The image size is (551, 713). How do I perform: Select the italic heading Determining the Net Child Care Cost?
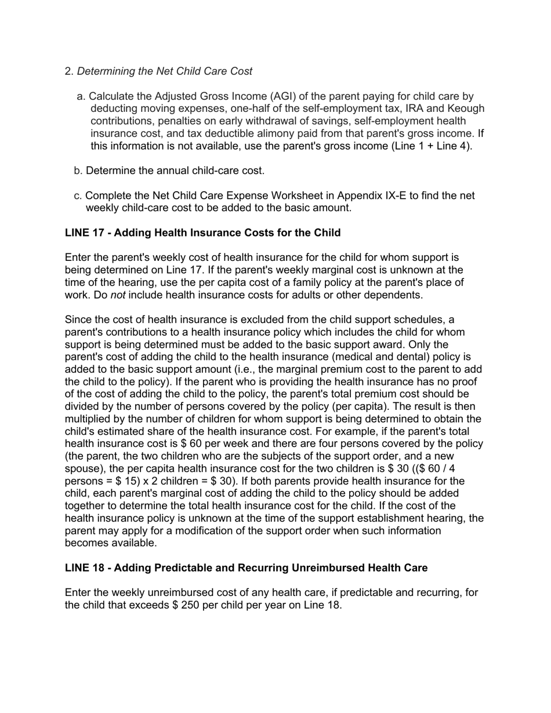tap(165, 71)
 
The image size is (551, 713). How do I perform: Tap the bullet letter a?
tap(81, 96)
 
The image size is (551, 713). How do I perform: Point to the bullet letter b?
tap(78, 171)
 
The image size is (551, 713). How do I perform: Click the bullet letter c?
tap(78, 196)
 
